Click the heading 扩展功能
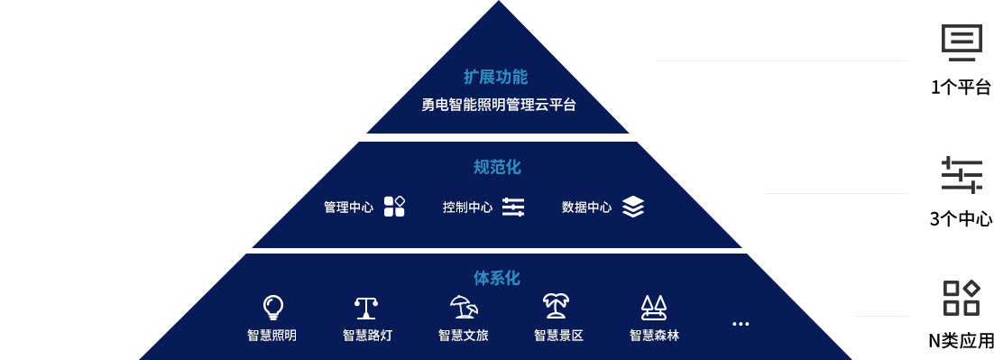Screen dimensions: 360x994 (x=495, y=77)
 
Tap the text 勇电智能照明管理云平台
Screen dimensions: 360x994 (x=498, y=105)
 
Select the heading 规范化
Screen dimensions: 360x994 (x=497, y=167)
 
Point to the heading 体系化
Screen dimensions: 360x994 (x=497, y=278)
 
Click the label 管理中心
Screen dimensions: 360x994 (x=348, y=208)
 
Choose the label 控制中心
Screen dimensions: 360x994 (x=467, y=208)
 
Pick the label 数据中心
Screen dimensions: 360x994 (x=586, y=208)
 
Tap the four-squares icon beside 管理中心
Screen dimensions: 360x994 (x=394, y=207)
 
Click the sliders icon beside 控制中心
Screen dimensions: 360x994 (x=513, y=207)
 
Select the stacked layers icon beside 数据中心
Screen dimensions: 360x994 (x=633, y=207)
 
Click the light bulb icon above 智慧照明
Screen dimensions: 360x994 (x=272, y=308)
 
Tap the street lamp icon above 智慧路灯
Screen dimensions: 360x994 (x=366, y=308)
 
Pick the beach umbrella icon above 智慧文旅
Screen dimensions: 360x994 (x=464, y=308)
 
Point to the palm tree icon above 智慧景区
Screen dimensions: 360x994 (x=556, y=308)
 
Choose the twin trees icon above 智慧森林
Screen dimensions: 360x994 (x=653, y=308)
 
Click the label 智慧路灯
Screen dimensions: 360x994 (x=367, y=336)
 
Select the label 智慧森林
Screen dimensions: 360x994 (x=654, y=336)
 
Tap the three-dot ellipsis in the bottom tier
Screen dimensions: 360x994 (x=741, y=324)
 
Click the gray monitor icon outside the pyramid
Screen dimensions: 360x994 (x=962, y=42)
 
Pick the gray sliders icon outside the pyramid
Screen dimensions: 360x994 (x=962, y=174)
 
